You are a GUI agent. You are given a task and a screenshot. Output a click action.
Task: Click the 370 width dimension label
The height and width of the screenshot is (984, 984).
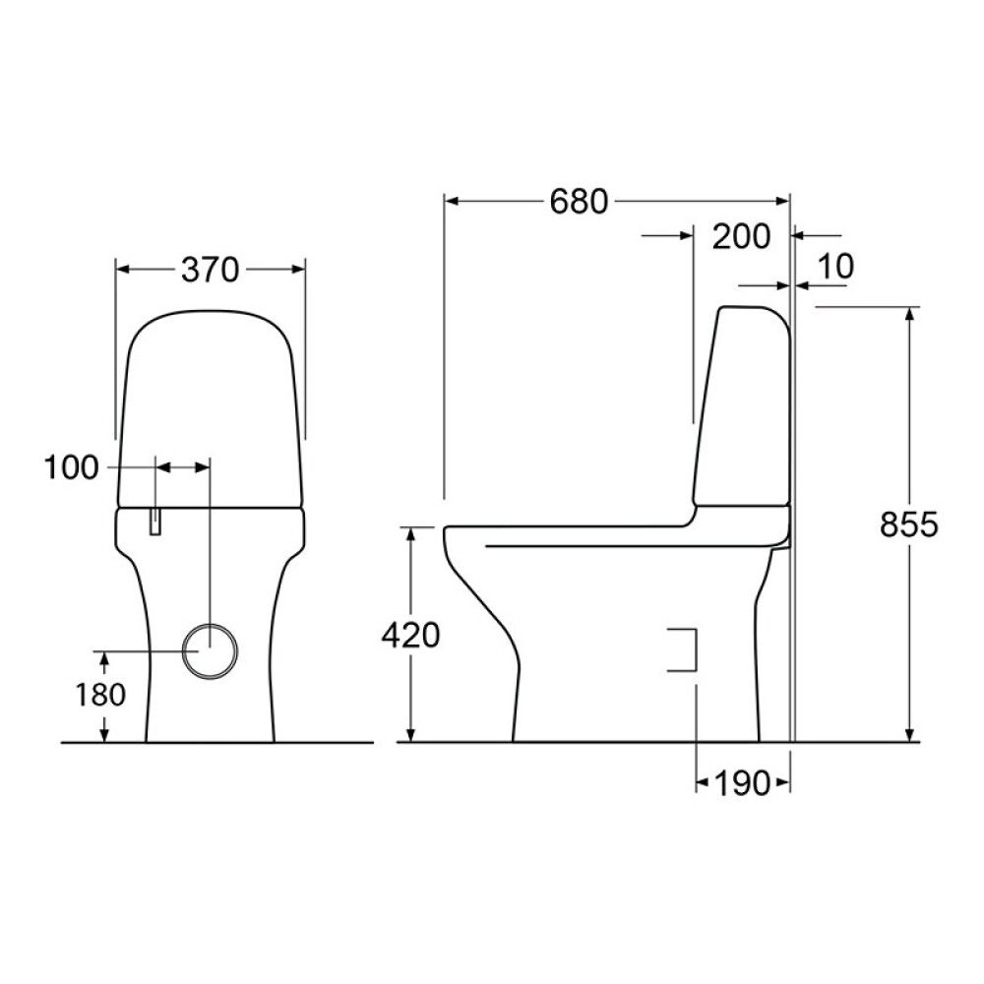[211, 270]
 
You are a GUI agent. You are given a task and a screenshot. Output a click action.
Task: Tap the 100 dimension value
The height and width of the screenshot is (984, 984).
[72, 467]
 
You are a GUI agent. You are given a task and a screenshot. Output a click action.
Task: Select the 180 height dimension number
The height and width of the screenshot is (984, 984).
[100, 695]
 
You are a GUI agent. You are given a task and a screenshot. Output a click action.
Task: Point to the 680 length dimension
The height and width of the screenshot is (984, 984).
[579, 202]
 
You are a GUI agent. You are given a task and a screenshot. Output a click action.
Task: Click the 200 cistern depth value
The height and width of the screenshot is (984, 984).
[741, 236]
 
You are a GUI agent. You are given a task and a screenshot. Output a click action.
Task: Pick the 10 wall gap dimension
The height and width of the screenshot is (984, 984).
[835, 266]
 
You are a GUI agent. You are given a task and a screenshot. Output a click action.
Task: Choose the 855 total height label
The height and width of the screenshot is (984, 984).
[908, 524]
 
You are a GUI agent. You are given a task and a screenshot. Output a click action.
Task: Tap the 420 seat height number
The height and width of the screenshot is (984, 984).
[411, 635]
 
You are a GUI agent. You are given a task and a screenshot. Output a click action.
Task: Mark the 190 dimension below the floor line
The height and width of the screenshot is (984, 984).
[742, 783]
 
